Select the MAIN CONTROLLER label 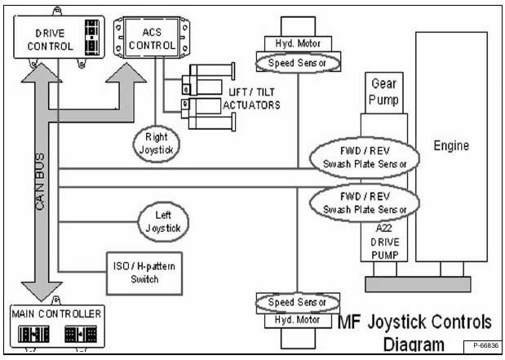point(55,313)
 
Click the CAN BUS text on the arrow point(39,180)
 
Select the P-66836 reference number point(482,346)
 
